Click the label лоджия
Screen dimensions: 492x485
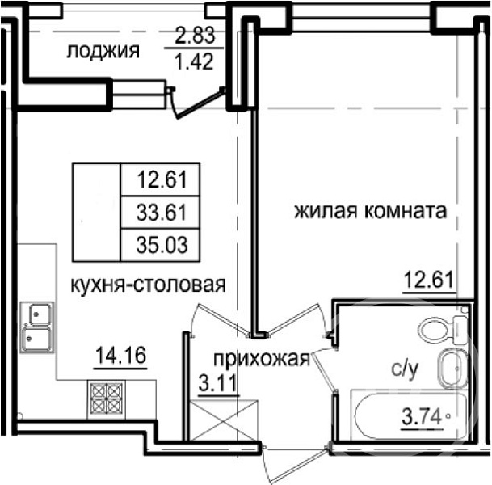[103, 51]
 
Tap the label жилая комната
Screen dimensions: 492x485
[370, 211]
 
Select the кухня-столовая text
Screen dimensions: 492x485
[148, 285]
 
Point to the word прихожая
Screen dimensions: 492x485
[262, 359]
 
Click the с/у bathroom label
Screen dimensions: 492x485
[405, 369]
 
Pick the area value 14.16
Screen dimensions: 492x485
[121, 356]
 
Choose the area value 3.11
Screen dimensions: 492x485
[217, 383]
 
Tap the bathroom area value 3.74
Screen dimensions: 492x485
[423, 417]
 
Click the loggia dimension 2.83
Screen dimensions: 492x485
[195, 35]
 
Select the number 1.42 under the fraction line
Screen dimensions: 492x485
[194, 61]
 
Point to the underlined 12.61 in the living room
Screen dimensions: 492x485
[429, 280]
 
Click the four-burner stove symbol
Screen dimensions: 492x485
[107, 399]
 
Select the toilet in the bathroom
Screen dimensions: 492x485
[442, 331]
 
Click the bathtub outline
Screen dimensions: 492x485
[409, 415]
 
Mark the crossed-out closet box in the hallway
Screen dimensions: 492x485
[224, 420]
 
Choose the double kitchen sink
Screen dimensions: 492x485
[36, 327]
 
